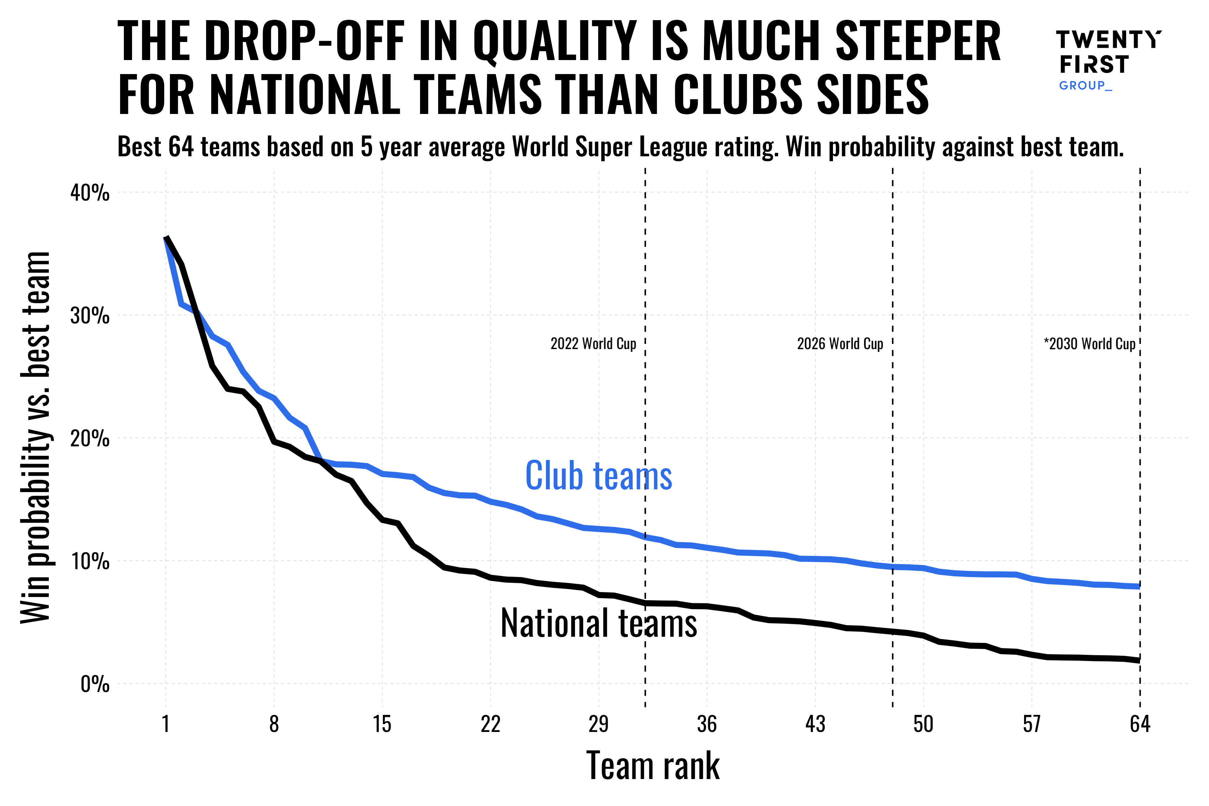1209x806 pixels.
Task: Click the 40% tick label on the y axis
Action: (x=90, y=193)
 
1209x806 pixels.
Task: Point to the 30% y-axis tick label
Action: (x=90, y=316)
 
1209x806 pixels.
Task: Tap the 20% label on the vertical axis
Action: (x=90, y=439)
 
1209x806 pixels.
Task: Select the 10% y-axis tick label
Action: (x=90, y=561)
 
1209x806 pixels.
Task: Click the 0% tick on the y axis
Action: (x=95, y=685)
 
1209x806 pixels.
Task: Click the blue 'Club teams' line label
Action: (x=598, y=476)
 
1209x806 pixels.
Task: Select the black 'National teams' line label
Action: (x=598, y=623)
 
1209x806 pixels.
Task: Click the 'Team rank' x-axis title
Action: (x=653, y=766)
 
